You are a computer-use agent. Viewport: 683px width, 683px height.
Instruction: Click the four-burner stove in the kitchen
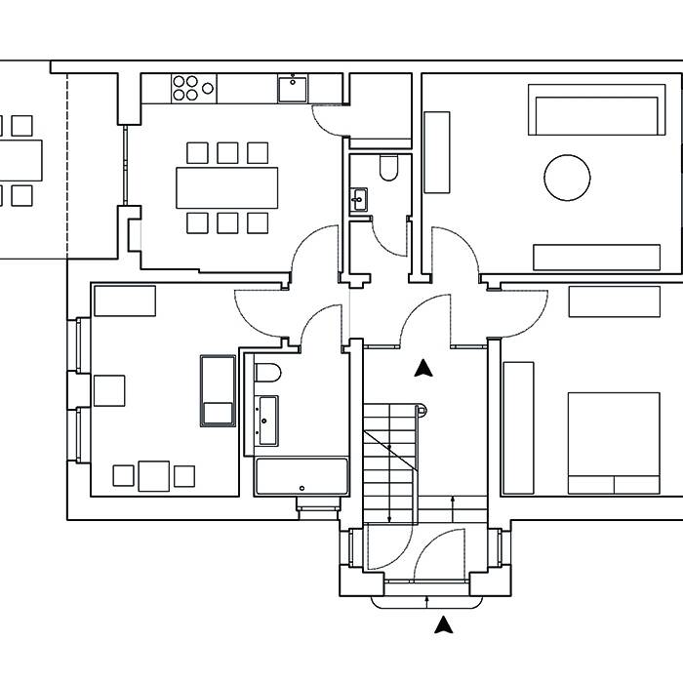(x=193, y=88)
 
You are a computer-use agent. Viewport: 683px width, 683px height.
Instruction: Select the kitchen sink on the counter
(x=292, y=90)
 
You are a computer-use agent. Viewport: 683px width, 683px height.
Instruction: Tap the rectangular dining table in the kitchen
(x=226, y=187)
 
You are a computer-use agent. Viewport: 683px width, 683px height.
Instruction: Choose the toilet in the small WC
(x=388, y=169)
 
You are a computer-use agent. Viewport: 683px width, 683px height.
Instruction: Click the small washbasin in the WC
(x=358, y=200)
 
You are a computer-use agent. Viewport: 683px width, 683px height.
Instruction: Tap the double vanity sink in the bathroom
(x=266, y=420)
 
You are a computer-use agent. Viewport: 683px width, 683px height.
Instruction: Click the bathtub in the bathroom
(x=301, y=476)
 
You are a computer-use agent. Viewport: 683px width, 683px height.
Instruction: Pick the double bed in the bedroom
(x=613, y=442)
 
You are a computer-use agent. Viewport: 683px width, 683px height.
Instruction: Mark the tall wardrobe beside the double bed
(x=518, y=426)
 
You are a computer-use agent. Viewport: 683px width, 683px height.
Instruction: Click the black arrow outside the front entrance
(x=444, y=624)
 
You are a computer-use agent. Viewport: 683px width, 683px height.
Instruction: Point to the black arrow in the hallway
(x=422, y=368)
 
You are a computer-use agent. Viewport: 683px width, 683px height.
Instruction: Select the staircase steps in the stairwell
(x=390, y=449)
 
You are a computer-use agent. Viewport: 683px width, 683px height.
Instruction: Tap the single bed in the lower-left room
(x=217, y=390)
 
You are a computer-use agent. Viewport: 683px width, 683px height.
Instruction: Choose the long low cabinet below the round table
(x=597, y=257)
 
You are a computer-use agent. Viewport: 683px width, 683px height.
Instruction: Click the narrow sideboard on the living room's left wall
(x=436, y=152)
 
